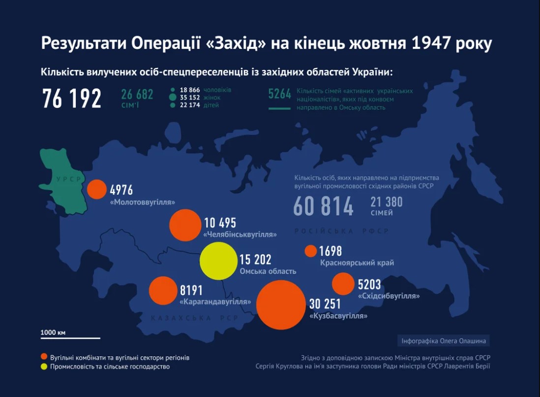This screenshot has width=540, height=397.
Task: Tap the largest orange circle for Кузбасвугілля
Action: pyautogui.click(x=280, y=304)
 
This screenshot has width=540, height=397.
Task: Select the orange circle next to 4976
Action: pyautogui.click(x=97, y=189)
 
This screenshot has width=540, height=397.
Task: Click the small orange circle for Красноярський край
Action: pyautogui.click(x=311, y=251)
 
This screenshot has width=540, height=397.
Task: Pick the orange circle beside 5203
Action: pyautogui.click(x=343, y=284)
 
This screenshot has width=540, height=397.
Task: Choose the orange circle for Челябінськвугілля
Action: pyautogui.click(x=184, y=225)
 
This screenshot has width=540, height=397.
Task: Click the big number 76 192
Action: pyautogui.click(x=72, y=99)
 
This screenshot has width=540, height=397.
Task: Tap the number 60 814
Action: pyautogui.click(x=323, y=206)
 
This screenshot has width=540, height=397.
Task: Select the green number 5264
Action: pyautogui.click(x=280, y=94)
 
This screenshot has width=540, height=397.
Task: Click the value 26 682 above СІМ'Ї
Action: pyautogui.click(x=137, y=94)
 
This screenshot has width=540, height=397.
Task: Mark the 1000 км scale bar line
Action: pyautogui.click(x=70, y=338)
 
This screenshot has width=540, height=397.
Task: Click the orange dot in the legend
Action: pyautogui.click(x=44, y=357)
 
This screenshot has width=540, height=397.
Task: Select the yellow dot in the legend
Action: pyautogui.click(x=44, y=366)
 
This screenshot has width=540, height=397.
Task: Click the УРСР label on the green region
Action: pyautogui.click(x=68, y=179)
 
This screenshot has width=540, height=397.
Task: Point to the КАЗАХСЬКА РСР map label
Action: pyautogui.click(x=195, y=318)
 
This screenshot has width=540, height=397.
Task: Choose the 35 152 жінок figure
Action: pyautogui.click(x=189, y=98)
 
